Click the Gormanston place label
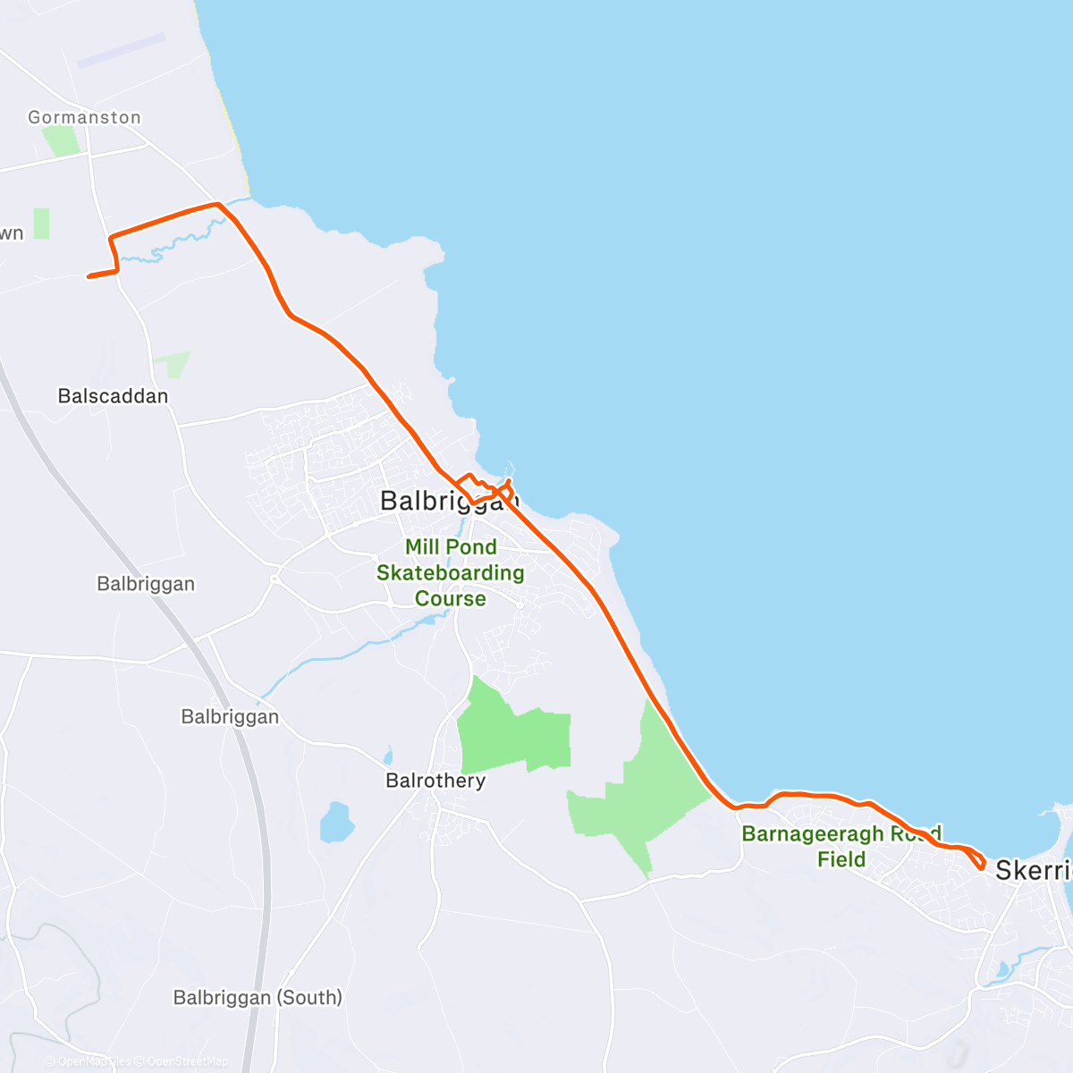84,117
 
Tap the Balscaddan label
113,395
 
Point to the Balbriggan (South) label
258,997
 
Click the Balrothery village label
435,781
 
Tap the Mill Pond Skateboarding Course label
451,572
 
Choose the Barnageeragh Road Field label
841,846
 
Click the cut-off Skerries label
1033,869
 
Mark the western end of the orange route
89,276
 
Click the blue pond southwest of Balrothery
337,823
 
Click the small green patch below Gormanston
61,140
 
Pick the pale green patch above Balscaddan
173,364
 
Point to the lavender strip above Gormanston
121,51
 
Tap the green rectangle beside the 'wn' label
41,224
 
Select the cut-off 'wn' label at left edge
11,234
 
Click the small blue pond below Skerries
1002,969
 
